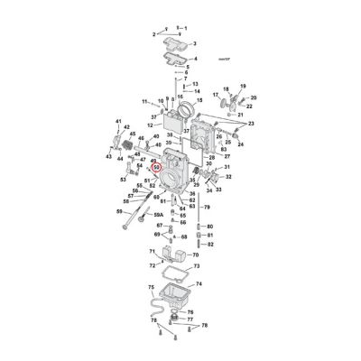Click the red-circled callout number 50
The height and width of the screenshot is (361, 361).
(156, 166)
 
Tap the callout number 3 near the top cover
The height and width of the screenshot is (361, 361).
(194, 42)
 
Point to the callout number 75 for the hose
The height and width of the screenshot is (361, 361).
(151, 287)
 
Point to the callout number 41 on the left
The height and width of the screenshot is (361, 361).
(118, 121)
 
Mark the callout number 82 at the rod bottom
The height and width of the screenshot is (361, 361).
(209, 245)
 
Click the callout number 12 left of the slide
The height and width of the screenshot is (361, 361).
(149, 125)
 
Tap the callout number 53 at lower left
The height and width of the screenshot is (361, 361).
(124, 180)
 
